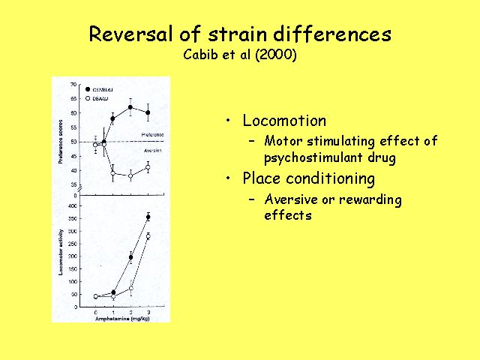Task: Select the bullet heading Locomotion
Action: (284, 121)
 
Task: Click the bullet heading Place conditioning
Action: (308, 178)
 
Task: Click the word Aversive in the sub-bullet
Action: (292, 200)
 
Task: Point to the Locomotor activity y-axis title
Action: (61, 253)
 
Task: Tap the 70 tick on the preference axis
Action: (73, 83)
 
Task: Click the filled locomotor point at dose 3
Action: (148, 217)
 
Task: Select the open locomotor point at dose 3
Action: (148, 236)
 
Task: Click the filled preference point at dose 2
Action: (130, 107)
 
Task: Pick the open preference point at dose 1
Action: (113, 173)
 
